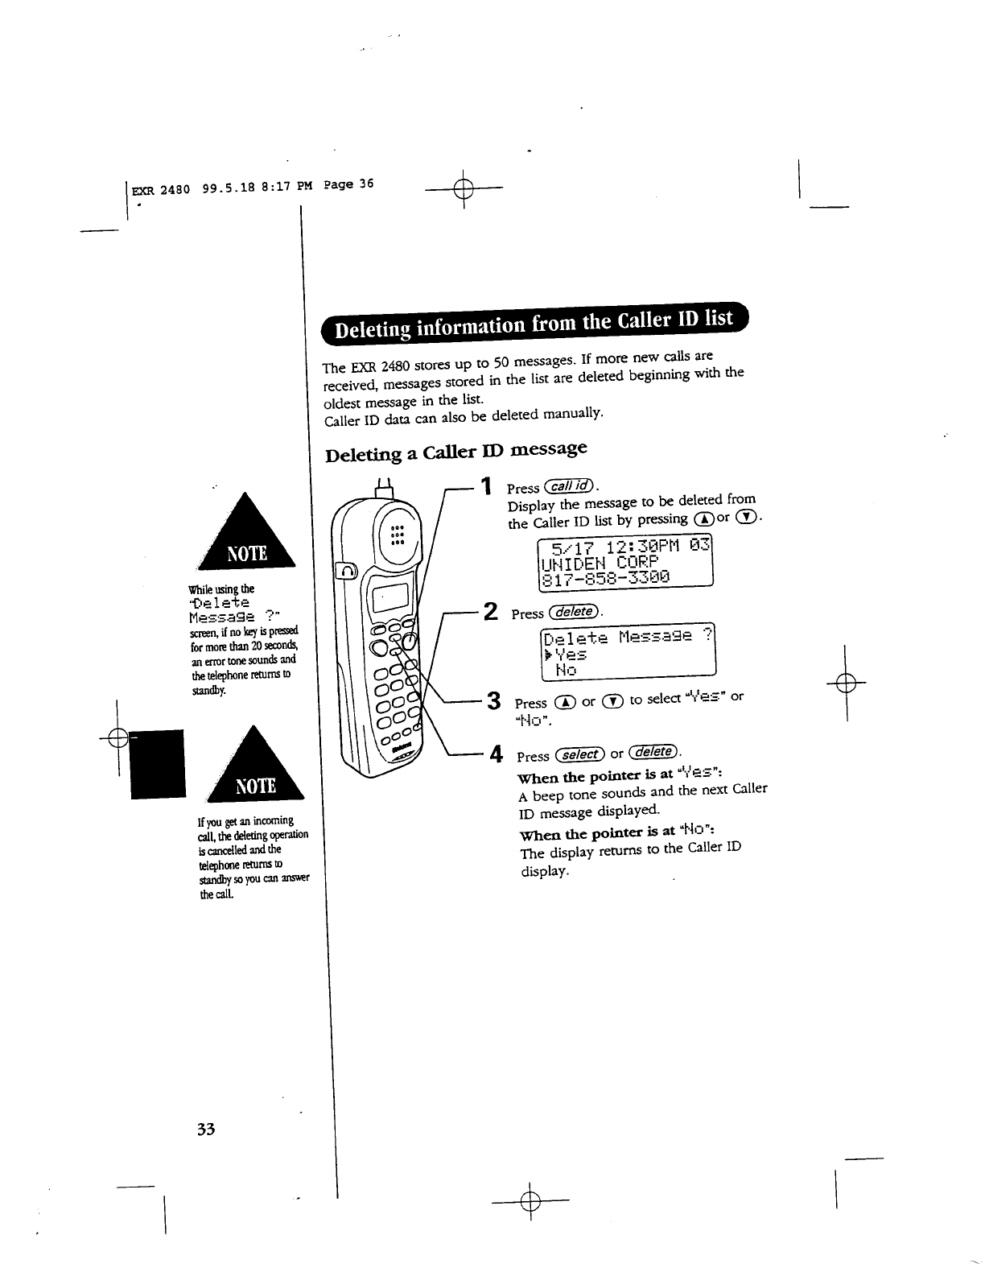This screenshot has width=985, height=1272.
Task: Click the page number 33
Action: pyautogui.click(x=205, y=1129)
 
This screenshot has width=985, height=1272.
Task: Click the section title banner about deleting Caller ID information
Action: pyautogui.click(x=534, y=324)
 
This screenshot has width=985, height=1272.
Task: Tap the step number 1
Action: pyautogui.click(x=485, y=485)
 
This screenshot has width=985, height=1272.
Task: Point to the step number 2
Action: pyautogui.click(x=487, y=611)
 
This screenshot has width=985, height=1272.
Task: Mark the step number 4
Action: pyautogui.click(x=497, y=754)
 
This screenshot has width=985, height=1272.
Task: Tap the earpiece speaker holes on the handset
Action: pyautogui.click(x=395, y=532)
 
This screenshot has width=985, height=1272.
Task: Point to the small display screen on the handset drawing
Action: pyautogui.click(x=389, y=597)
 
